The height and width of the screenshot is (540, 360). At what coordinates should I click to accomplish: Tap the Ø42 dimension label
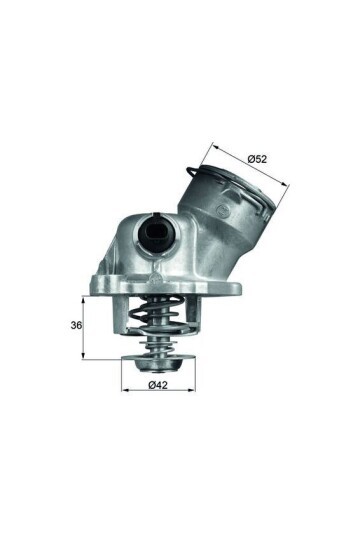158,384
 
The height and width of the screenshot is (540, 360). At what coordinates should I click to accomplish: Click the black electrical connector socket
156,236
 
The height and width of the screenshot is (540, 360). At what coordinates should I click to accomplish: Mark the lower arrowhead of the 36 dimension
84,357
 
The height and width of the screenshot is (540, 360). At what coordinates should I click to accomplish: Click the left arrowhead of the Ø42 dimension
125,391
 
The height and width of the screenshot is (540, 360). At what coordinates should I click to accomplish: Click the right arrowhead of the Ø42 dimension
191,391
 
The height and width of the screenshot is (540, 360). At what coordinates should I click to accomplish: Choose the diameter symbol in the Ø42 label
150,384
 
